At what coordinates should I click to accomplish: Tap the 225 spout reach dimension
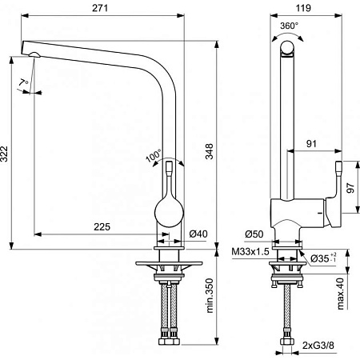click(x=101, y=226)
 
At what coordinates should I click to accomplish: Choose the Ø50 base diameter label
click(x=253, y=234)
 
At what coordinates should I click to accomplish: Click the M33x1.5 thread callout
click(x=249, y=253)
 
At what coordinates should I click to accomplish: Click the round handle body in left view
click(x=170, y=214)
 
